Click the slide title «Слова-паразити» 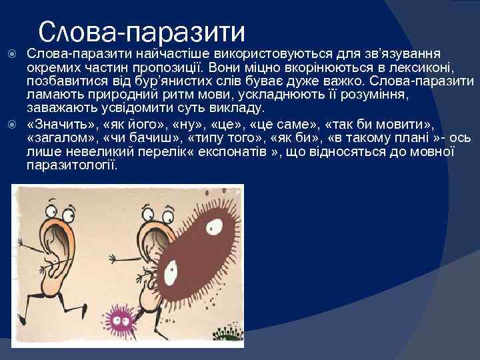click(x=142, y=31)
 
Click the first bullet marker click(x=11, y=53)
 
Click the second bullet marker click(x=11, y=125)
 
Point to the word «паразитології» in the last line click(x=72, y=165)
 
